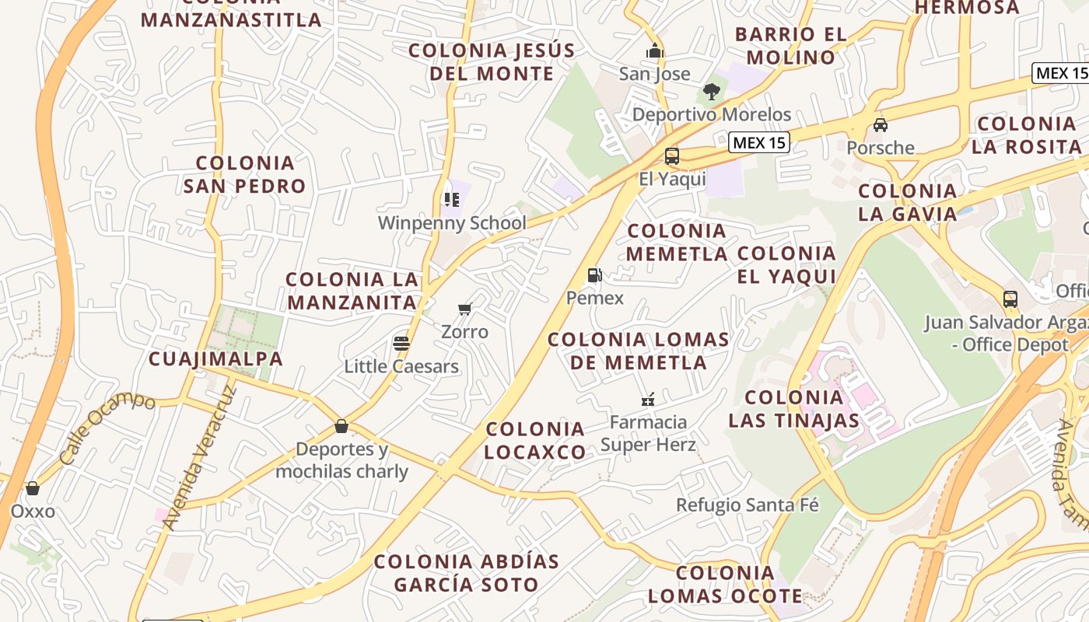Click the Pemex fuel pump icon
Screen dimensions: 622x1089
[594, 274]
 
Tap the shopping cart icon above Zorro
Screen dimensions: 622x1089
[465, 309]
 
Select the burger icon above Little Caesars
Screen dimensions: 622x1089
[401, 343]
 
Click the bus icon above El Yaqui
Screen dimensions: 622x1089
[672, 156]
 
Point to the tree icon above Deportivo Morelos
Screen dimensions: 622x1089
[711, 92]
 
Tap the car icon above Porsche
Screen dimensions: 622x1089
[881, 124]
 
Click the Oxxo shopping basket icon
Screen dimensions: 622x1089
[33, 488]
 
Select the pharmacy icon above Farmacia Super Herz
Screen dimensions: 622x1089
[647, 400]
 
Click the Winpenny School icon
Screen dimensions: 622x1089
[452, 200]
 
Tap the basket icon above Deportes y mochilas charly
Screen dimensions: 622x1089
[341, 426]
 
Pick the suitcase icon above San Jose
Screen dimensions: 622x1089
[654, 51]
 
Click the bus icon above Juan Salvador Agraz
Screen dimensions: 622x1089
[1010, 299]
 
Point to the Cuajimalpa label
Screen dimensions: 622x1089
[215, 358]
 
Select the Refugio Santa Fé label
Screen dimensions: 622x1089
[747, 505]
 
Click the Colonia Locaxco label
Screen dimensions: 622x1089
[535, 440]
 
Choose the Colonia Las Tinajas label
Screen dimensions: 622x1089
[793, 409]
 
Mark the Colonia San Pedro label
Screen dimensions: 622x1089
[245, 174]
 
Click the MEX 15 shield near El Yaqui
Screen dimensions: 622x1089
[759, 142]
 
